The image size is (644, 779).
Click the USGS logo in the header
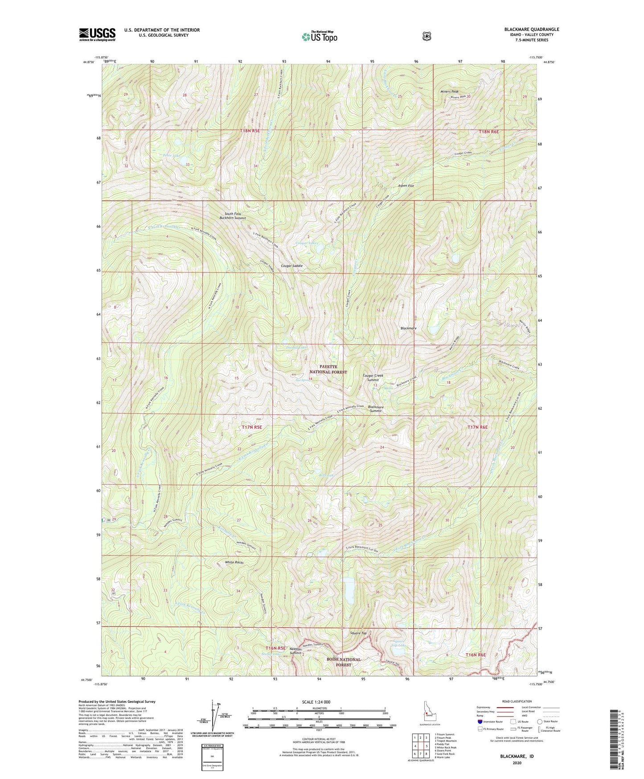click(97, 34)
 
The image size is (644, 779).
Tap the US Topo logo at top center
click(319, 37)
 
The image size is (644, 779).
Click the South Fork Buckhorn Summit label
click(233, 216)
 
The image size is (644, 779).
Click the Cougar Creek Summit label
click(373, 378)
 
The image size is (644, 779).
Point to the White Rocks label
click(234, 563)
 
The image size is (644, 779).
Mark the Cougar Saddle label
click(292, 266)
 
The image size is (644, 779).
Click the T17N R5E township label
click(252, 427)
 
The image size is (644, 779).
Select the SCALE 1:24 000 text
click(316, 702)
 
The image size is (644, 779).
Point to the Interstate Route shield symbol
click(480, 721)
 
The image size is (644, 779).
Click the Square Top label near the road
click(358, 633)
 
